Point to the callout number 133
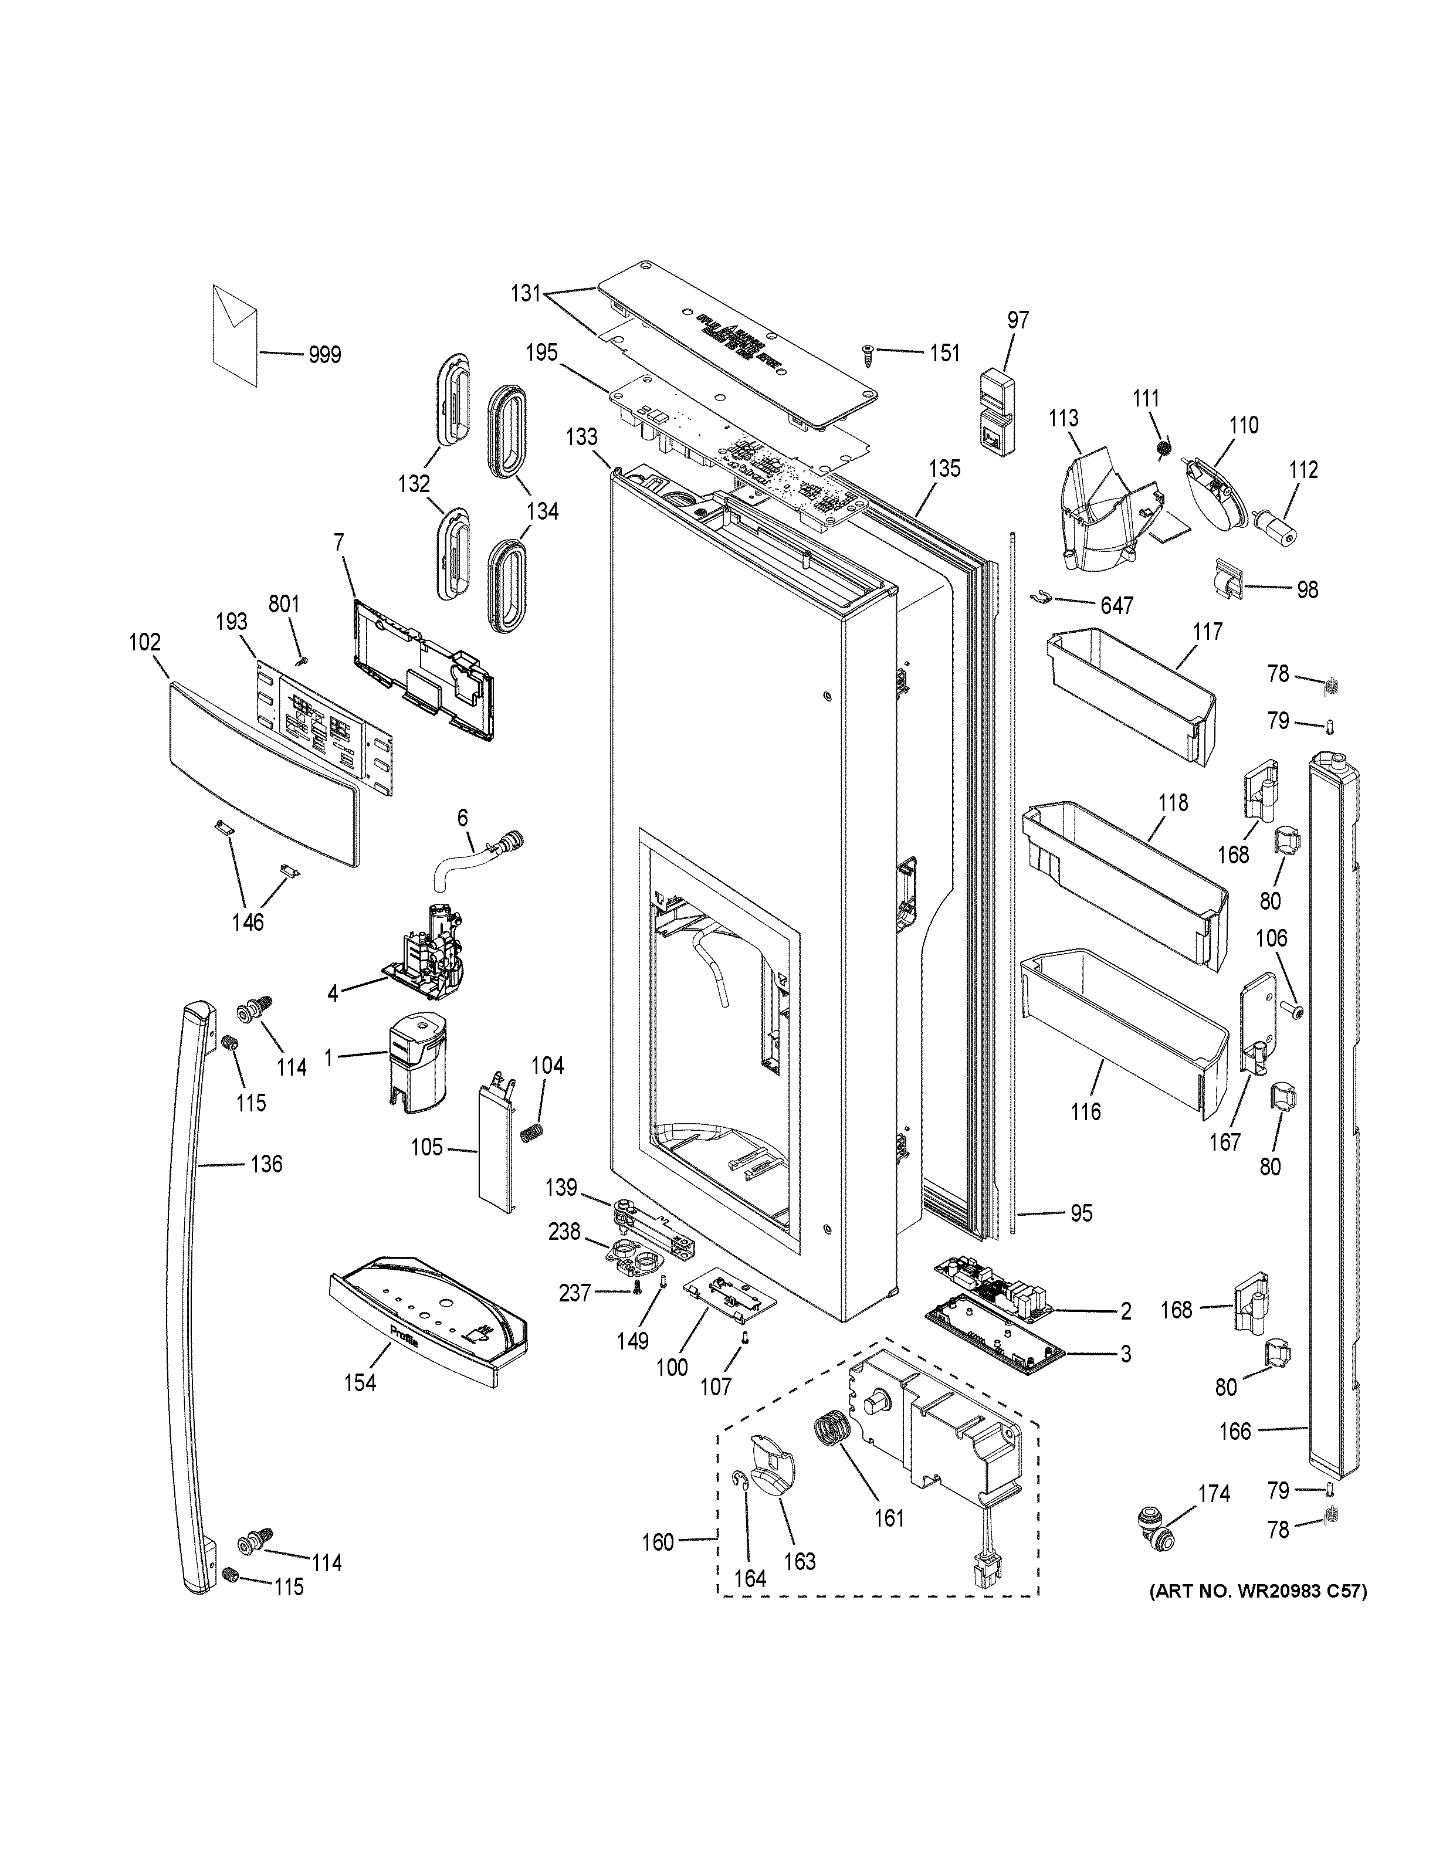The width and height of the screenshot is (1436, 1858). (582, 438)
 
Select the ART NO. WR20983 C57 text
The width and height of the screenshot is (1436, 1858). (1257, 1591)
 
